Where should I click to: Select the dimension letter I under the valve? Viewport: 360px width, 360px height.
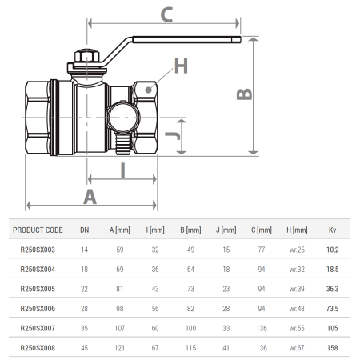click(x=122, y=169)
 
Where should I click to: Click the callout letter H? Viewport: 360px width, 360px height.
click(x=181, y=66)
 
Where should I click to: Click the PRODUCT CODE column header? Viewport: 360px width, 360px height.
click(x=38, y=230)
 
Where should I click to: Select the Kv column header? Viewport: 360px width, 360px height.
click(x=332, y=230)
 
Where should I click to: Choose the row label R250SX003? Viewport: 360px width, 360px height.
click(x=38, y=250)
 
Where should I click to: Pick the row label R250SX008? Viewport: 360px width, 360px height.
click(x=38, y=348)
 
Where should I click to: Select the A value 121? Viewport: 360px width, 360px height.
click(x=119, y=348)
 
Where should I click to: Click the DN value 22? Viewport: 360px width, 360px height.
click(x=84, y=290)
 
